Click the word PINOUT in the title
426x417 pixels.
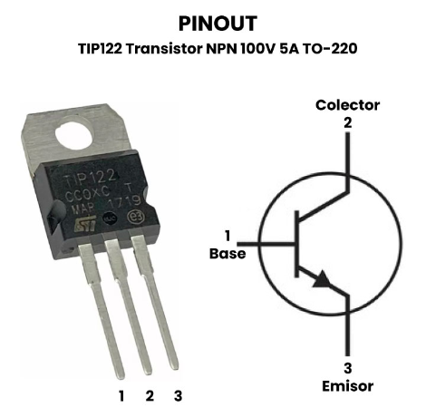click(218, 24)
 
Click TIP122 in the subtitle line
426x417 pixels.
click(101, 49)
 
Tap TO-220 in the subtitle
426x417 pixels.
click(330, 49)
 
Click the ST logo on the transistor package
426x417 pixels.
click(85, 224)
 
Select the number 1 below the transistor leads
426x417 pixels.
click(121, 396)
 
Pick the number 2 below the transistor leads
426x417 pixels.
click(150, 396)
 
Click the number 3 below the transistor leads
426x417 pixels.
click(179, 396)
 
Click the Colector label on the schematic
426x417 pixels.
click(347, 105)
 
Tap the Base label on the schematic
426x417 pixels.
click(228, 254)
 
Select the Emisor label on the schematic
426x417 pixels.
click(347, 386)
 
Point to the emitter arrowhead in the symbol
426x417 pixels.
click(321, 279)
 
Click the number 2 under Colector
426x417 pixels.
click(348, 123)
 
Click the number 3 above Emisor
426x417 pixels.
click(348, 368)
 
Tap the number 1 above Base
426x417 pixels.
click(228, 236)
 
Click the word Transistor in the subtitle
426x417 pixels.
click(164, 49)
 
